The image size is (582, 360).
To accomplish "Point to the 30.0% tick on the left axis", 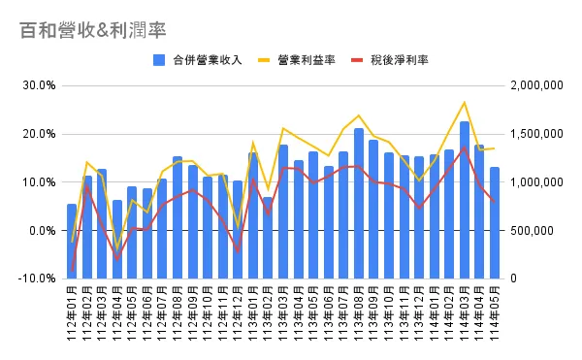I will (39, 85).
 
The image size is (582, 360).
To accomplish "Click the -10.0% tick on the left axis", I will (37, 278).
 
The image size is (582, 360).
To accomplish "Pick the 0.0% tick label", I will (41, 231).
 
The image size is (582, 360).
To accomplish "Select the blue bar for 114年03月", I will (465, 200).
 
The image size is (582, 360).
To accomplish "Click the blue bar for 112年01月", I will (72, 241).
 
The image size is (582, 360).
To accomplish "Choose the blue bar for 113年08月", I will (359, 204).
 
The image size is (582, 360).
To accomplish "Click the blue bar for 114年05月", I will (495, 223).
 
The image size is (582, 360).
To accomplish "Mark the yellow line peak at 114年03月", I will (465, 102).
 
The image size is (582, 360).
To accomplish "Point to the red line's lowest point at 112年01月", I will (72, 270).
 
